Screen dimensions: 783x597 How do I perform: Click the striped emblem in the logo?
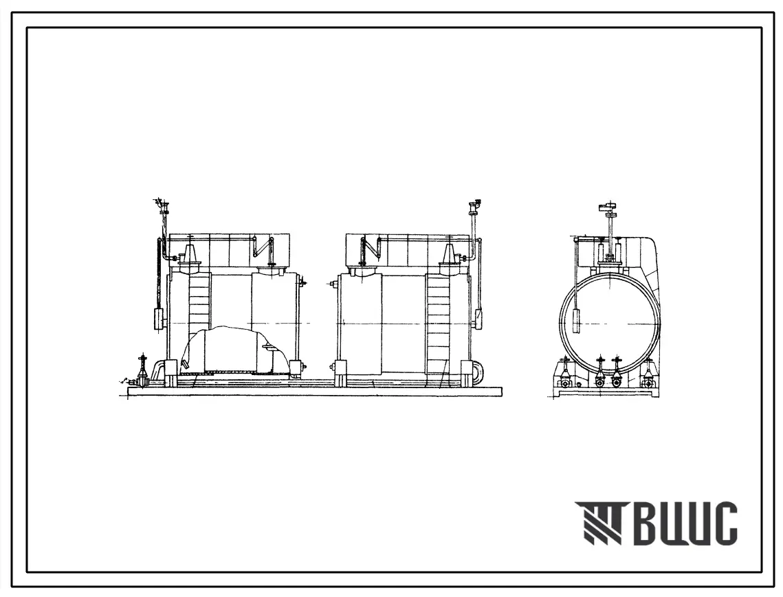pyautogui.click(x=599, y=523)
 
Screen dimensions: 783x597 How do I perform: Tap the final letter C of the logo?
pyautogui.click(x=724, y=523)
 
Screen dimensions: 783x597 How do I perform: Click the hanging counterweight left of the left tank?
pyautogui.click(x=159, y=319)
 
